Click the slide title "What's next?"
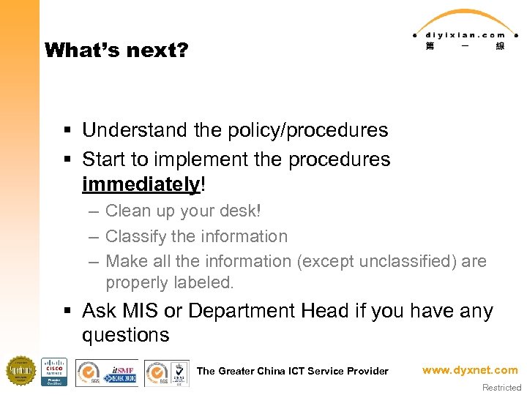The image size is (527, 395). pos(116,50)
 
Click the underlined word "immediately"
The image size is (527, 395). pos(141,184)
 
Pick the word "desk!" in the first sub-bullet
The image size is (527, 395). pos(239,211)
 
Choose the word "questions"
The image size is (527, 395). pos(125,335)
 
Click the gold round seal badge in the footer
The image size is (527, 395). pos(20,371)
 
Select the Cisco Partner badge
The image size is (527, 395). pos(54,372)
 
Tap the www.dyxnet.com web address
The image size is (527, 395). pos(469,370)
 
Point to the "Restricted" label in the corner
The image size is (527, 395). pos(502,388)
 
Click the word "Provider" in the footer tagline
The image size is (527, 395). pos(367,371)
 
